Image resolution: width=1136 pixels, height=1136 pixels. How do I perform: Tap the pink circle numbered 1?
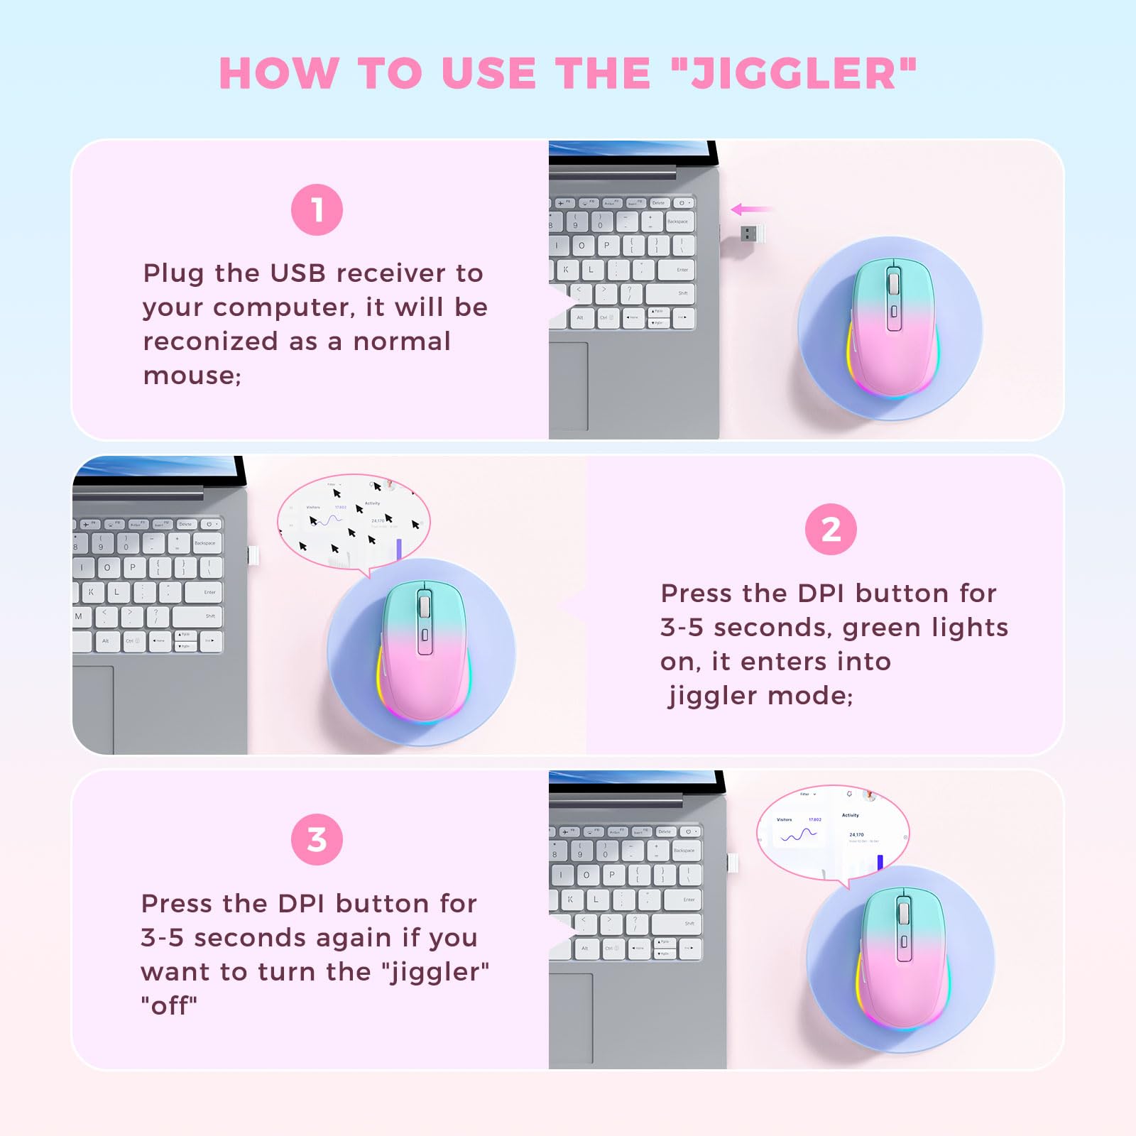(317, 210)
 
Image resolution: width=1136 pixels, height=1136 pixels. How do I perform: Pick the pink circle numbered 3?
(317, 839)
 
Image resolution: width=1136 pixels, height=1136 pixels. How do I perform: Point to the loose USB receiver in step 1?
(753, 233)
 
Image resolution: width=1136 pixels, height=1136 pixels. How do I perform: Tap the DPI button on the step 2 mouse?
(425, 634)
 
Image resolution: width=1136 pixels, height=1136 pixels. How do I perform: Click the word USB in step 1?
(297, 273)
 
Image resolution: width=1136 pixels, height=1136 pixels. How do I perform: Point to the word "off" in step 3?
(169, 1006)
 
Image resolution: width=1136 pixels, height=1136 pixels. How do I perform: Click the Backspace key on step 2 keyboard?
(204, 543)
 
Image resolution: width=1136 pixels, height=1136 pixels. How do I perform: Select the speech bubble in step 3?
(832, 831)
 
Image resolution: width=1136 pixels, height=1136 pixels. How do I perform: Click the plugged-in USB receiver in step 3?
(733, 863)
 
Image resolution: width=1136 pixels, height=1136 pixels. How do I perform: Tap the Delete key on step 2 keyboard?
(185, 524)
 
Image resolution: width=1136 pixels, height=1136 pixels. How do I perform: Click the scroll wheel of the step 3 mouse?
(904, 912)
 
